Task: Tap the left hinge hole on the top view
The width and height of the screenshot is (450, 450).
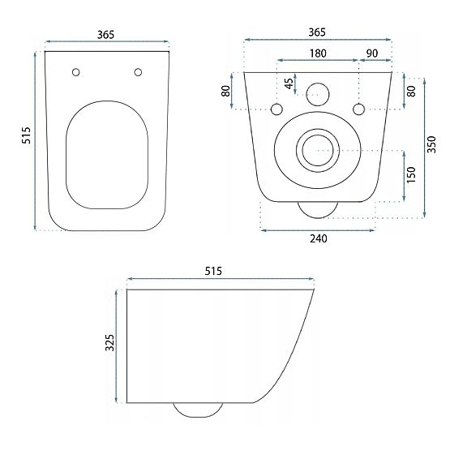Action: click(76, 72)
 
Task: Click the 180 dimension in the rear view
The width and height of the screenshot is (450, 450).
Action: click(317, 54)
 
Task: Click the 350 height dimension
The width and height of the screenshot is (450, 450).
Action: click(433, 144)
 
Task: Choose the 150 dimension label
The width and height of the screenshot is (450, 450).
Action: click(412, 175)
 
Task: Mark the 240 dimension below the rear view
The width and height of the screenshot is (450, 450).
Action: click(317, 240)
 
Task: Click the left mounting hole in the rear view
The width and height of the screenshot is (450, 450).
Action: click(276, 109)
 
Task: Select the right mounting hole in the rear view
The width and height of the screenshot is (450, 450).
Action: click(358, 109)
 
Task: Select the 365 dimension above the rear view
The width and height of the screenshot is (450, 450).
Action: click(317, 32)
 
